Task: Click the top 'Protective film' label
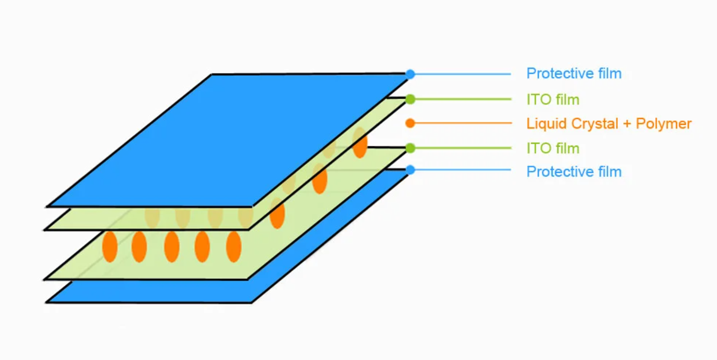pyautogui.click(x=574, y=73)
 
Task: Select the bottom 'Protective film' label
pyautogui.click(x=574, y=172)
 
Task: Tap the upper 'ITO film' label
pyautogui.click(x=553, y=100)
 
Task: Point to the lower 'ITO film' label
pyautogui.click(x=553, y=148)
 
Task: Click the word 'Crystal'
pyautogui.click(x=595, y=124)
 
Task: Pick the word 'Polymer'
pyautogui.click(x=663, y=124)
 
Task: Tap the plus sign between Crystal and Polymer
pyautogui.click(x=627, y=124)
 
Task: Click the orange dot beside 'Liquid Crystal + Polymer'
pyautogui.click(x=410, y=124)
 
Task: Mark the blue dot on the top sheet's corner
pyautogui.click(x=410, y=74)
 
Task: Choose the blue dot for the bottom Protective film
pyautogui.click(x=410, y=170)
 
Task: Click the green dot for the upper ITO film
pyautogui.click(x=410, y=100)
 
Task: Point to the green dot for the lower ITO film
pyautogui.click(x=410, y=148)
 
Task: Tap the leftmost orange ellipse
pyautogui.click(x=110, y=247)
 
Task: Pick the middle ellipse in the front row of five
pyautogui.click(x=172, y=247)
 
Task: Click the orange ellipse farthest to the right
pyautogui.click(x=360, y=144)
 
